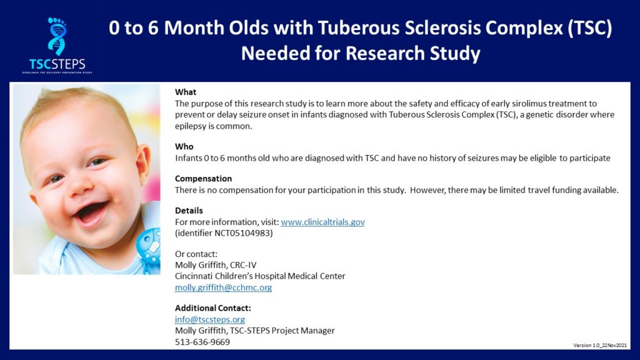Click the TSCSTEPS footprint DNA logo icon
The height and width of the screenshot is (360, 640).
click(57, 36)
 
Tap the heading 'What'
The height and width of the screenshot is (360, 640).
click(186, 92)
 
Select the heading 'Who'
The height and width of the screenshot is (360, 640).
click(184, 146)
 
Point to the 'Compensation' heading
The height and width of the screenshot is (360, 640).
click(203, 179)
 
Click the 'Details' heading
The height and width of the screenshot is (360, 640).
click(189, 211)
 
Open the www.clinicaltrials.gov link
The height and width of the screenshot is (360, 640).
click(323, 222)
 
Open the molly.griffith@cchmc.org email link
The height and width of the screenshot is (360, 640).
click(223, 287)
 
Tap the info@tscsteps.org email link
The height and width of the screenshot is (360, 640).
click(210, 319)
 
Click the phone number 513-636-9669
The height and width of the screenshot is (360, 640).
click(202, 342)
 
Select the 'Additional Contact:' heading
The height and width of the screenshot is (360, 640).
click(213, 308)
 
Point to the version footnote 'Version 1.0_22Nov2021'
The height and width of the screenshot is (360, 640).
click(600, 345)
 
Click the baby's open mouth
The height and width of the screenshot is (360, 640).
click(91, 212)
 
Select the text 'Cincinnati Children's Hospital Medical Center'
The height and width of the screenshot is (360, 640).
click(260, 276)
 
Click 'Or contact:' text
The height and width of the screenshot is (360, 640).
click(196, 254)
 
